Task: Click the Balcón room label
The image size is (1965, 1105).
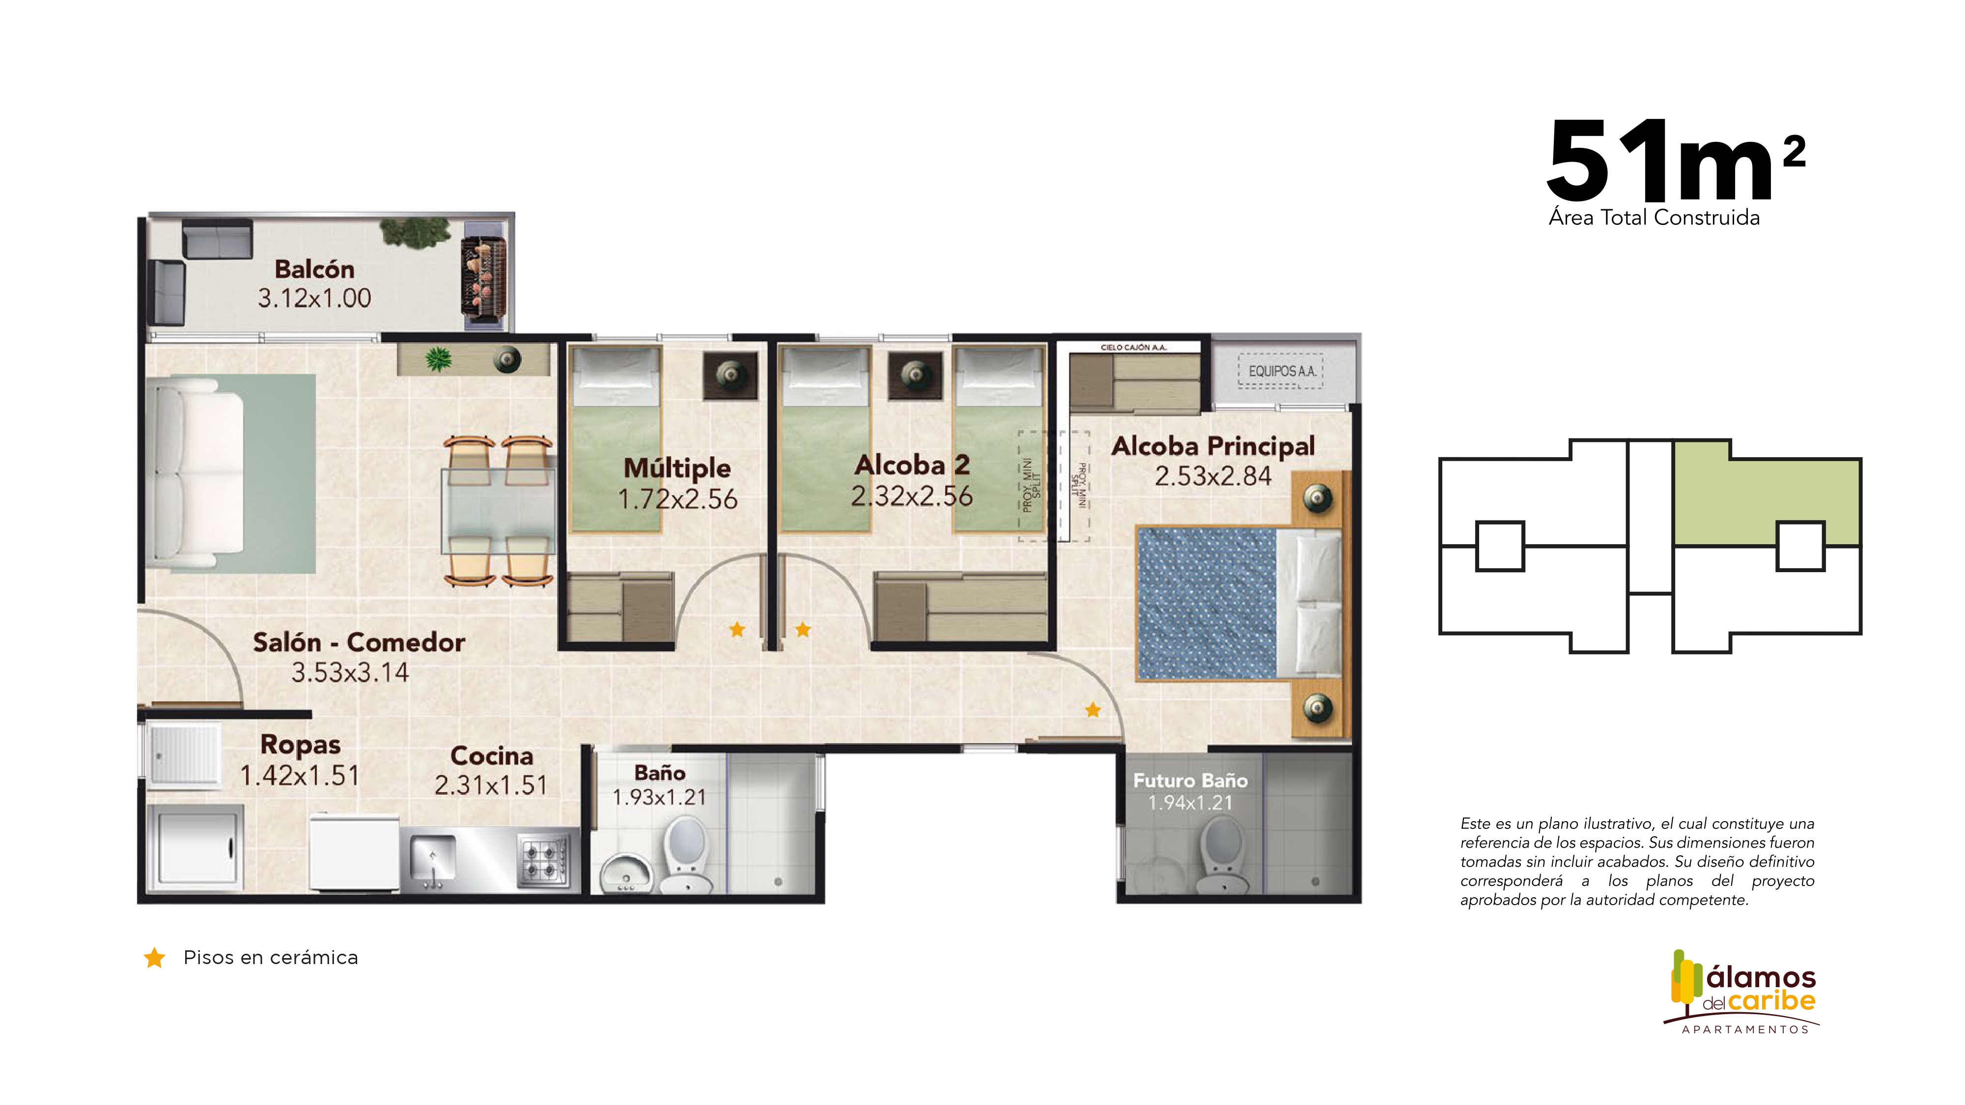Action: [314, 269]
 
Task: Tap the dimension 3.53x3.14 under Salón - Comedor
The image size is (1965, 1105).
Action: [350, 673]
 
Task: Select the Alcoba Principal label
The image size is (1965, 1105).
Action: [1213, 446]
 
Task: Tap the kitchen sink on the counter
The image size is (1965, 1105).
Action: [432, 862]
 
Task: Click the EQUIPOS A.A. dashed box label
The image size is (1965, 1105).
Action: [1282, 371]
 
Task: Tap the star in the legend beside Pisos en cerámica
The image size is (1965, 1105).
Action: [155, 958]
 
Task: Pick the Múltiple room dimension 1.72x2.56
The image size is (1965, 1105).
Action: [677, 499]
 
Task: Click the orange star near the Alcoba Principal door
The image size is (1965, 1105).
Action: [1093, 710]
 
